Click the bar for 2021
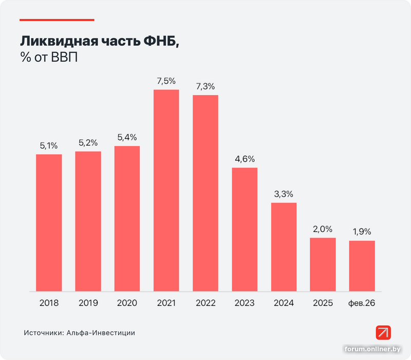point(166,190)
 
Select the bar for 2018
point(49,223)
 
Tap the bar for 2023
point(245,229)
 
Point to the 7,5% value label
point(166,81)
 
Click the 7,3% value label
point(206,86)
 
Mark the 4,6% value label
point(245,158)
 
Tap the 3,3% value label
point(284,194)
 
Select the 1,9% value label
point(362,231)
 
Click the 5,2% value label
point(88,142)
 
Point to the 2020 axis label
point(127,303)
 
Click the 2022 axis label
point(206,303)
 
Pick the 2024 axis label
point(284,303)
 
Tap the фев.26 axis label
point(362,303)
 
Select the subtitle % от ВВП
point(48,58)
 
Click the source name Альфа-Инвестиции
point(100,333)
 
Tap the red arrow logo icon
point(383,332)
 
